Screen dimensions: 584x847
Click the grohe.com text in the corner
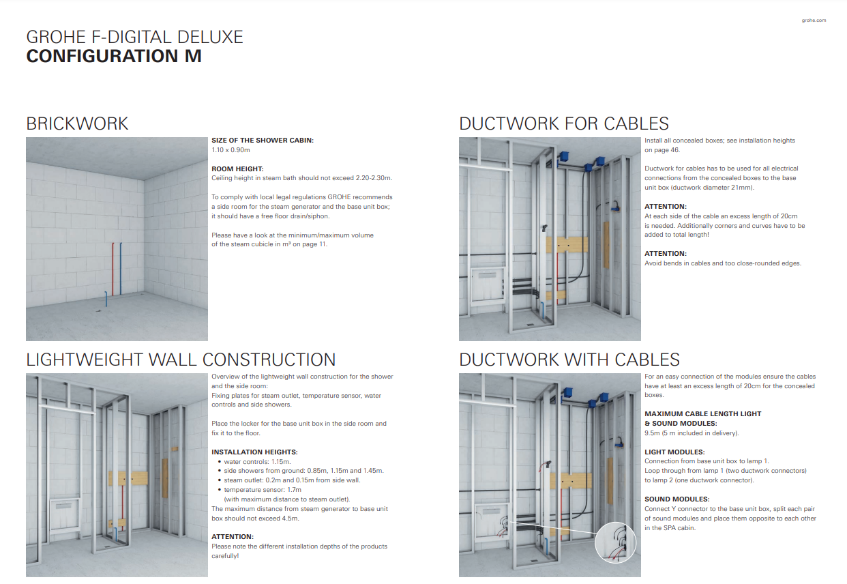pos(814,20)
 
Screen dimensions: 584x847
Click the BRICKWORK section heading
pos(77,123)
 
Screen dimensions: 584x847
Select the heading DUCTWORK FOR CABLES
pos(563,123)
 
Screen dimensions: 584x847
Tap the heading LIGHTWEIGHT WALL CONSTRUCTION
pos(181,360)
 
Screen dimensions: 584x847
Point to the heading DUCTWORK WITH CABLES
pos(569,360)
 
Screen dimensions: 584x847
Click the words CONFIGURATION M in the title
pos(114,56)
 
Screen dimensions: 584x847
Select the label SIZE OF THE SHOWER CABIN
pos(263,140)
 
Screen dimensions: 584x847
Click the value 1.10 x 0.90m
pos(231,149)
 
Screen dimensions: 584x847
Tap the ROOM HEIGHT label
pos(237,169)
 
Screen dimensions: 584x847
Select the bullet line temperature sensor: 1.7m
pos(263,490)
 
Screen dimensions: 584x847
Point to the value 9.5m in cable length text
pos(652,433)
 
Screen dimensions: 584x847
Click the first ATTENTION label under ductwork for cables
pos(666,206)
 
